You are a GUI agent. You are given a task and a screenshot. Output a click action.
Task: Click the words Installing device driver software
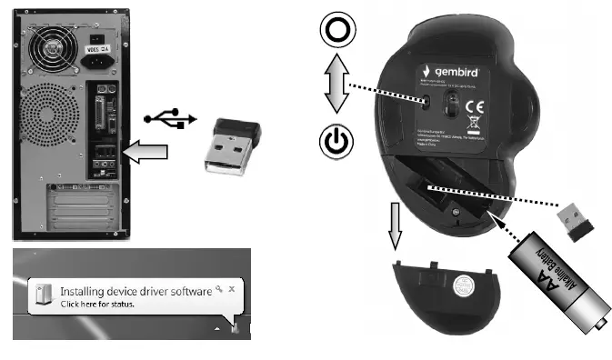[x=135, y=291]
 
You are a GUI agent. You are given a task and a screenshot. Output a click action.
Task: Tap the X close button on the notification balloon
[x=233, y=287]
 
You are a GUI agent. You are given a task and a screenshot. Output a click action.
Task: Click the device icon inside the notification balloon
[x=43, y=295]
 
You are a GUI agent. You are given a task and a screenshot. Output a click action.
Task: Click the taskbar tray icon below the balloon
[x=236, y=323]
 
